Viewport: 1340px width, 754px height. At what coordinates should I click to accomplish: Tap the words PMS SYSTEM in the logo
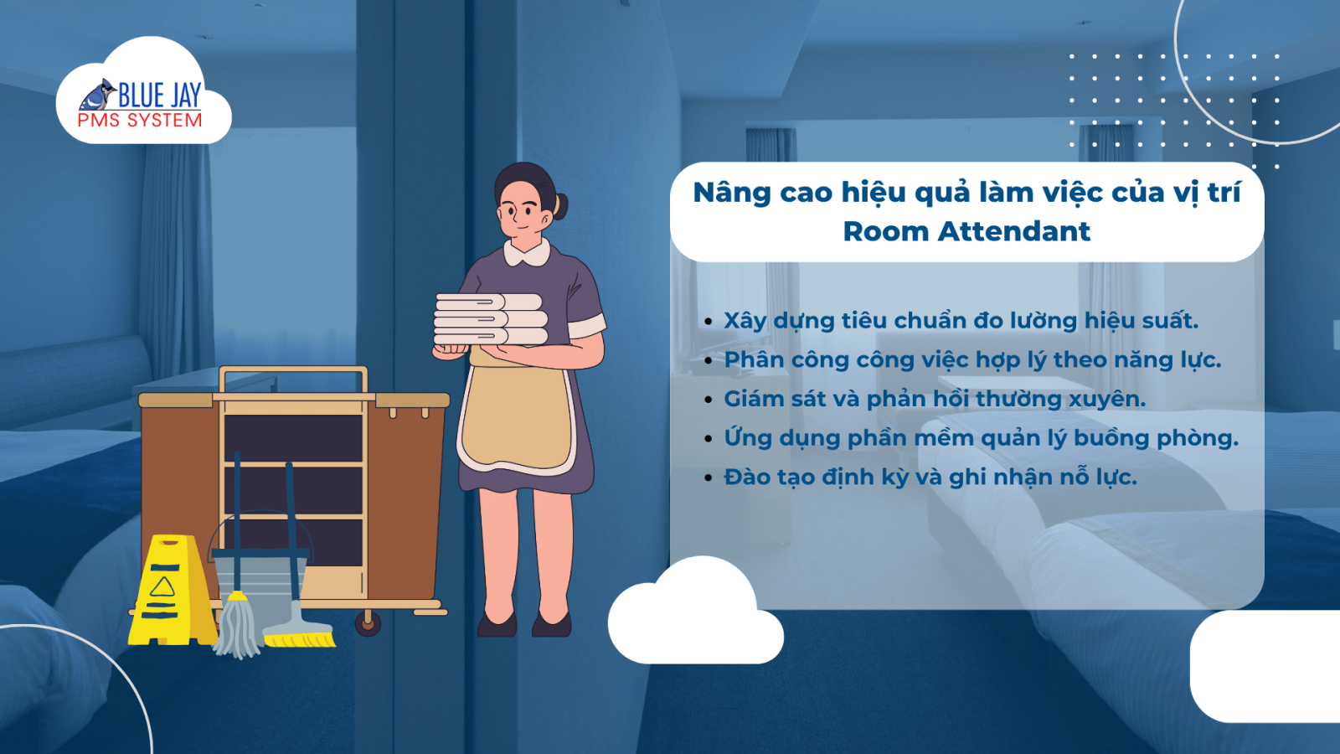140,121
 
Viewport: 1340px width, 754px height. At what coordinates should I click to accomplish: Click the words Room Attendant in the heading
966,231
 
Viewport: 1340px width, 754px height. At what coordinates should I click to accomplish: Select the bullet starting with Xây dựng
961,321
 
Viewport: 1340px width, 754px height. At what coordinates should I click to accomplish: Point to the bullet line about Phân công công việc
972,360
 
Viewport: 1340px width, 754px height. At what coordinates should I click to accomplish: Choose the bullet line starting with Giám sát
935,399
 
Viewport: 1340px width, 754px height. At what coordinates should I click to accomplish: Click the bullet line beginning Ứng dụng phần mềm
981,438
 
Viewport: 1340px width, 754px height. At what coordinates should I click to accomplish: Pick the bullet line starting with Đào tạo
930,478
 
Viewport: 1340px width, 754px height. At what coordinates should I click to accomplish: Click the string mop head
238,625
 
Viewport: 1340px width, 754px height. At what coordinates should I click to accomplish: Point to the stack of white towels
491,319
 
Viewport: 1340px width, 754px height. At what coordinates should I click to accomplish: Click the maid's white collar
527,252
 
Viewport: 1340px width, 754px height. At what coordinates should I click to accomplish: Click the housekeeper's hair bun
560,205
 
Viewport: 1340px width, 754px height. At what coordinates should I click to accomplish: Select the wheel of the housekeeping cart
368,623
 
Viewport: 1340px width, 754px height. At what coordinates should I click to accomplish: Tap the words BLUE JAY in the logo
160,95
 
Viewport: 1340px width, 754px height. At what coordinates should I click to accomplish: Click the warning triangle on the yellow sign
162,587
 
